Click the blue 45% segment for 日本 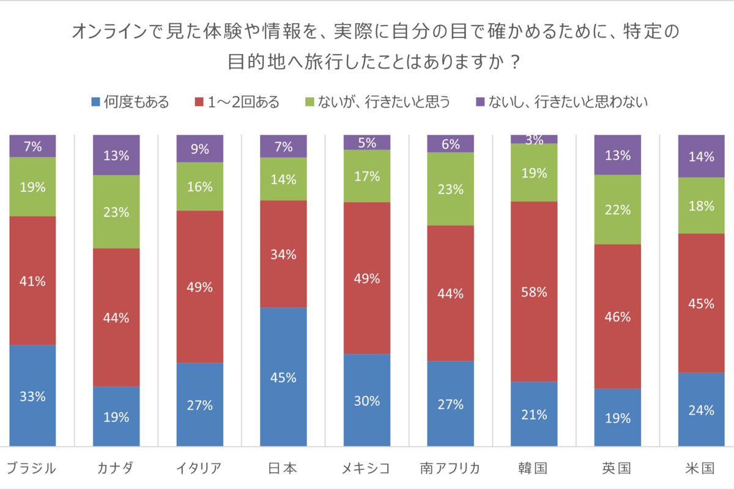[283, 377]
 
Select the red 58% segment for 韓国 [534, 292]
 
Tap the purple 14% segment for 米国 [701, 156]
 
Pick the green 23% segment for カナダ [116, 212]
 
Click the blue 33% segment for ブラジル [32, 396]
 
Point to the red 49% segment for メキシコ [367, 278]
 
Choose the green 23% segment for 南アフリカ [450, 189]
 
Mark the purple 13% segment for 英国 [617, 155]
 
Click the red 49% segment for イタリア [200, 287]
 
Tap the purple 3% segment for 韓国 [534, 139]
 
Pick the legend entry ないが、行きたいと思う [377, 102]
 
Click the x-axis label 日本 [283, 469]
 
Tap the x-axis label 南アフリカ [450, 469]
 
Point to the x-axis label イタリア [200, 469]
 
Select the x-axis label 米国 [701, 469]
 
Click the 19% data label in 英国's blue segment [617, 418]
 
